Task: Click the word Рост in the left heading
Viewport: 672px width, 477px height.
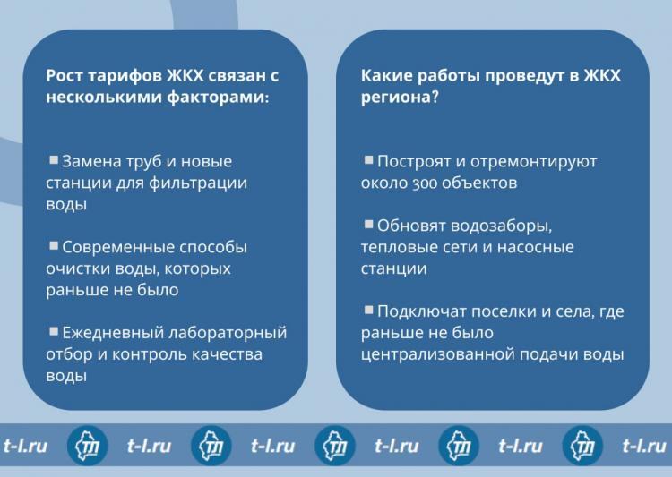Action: click(x=64, y=76)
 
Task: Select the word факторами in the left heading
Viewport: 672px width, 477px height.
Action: click(x=218, y=98)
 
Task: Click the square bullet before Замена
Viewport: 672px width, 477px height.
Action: click(x=54, y=160)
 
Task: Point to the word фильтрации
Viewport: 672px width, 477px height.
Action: click(x=198, y=183)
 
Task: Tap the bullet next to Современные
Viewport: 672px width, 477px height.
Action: click(x=54, y=245)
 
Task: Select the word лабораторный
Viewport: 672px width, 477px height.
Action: click(x=228, y=333)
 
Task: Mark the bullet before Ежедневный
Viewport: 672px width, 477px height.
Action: click(x=54, y=331)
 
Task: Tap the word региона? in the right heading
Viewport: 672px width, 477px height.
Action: click(x=400, y=98)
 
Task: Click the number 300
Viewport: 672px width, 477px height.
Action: click(x=425, y=183)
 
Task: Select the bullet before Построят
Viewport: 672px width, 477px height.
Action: click(x=368, y=160)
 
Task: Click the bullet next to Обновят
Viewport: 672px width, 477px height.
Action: click(x=368, y=224)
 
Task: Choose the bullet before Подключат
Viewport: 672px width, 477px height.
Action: click(x=368, y=310)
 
